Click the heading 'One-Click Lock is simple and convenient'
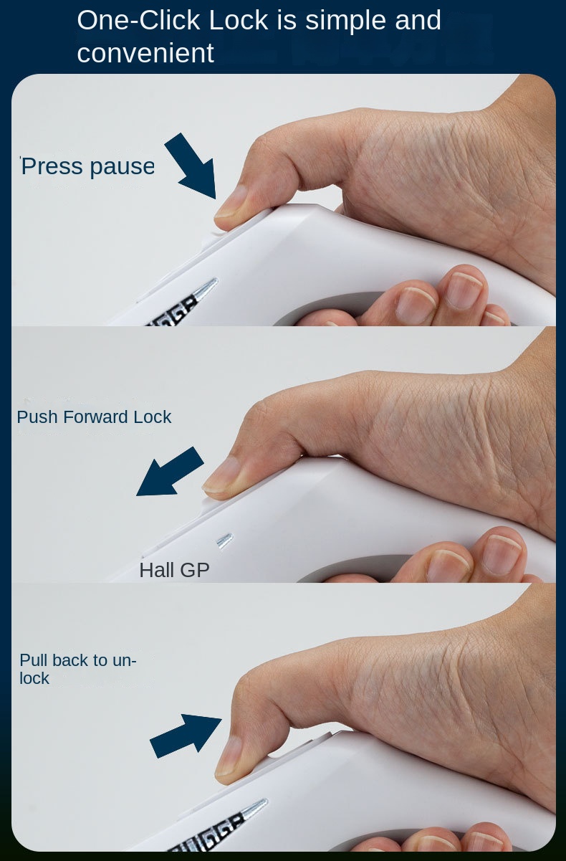[258, 36]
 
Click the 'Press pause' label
[87, 166]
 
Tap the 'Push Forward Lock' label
[94, 417]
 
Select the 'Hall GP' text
[174, 571]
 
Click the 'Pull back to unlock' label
[77, 669]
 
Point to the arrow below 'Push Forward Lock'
[170, 472]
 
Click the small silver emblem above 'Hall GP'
[224, 541]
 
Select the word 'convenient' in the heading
[145, 53]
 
